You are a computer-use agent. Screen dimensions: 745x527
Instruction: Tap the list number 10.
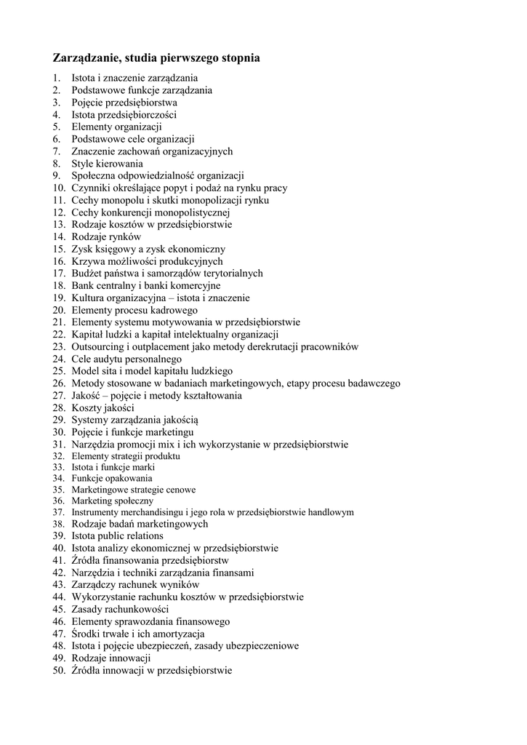click(58, 188)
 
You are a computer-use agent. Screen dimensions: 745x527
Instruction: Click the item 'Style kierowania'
click(107, 164)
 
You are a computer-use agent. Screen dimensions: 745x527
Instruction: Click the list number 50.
click(58, 670)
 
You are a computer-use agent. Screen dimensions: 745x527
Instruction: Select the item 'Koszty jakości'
click(102, 408)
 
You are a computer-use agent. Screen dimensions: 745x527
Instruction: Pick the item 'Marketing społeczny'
click(112, 501)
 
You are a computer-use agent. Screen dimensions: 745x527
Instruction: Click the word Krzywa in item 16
click(87, 261)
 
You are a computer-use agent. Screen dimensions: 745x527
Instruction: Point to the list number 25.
click(58, 371)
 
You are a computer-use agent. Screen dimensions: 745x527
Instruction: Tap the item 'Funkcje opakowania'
click(111, 478)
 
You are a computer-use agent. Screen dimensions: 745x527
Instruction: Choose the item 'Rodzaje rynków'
click(106, 236)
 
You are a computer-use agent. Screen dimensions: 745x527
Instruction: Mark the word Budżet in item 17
click(87, 274)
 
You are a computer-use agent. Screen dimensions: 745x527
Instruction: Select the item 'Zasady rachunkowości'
click(120, 609)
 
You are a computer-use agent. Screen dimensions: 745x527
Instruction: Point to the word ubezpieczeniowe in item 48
click(257, 645)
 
